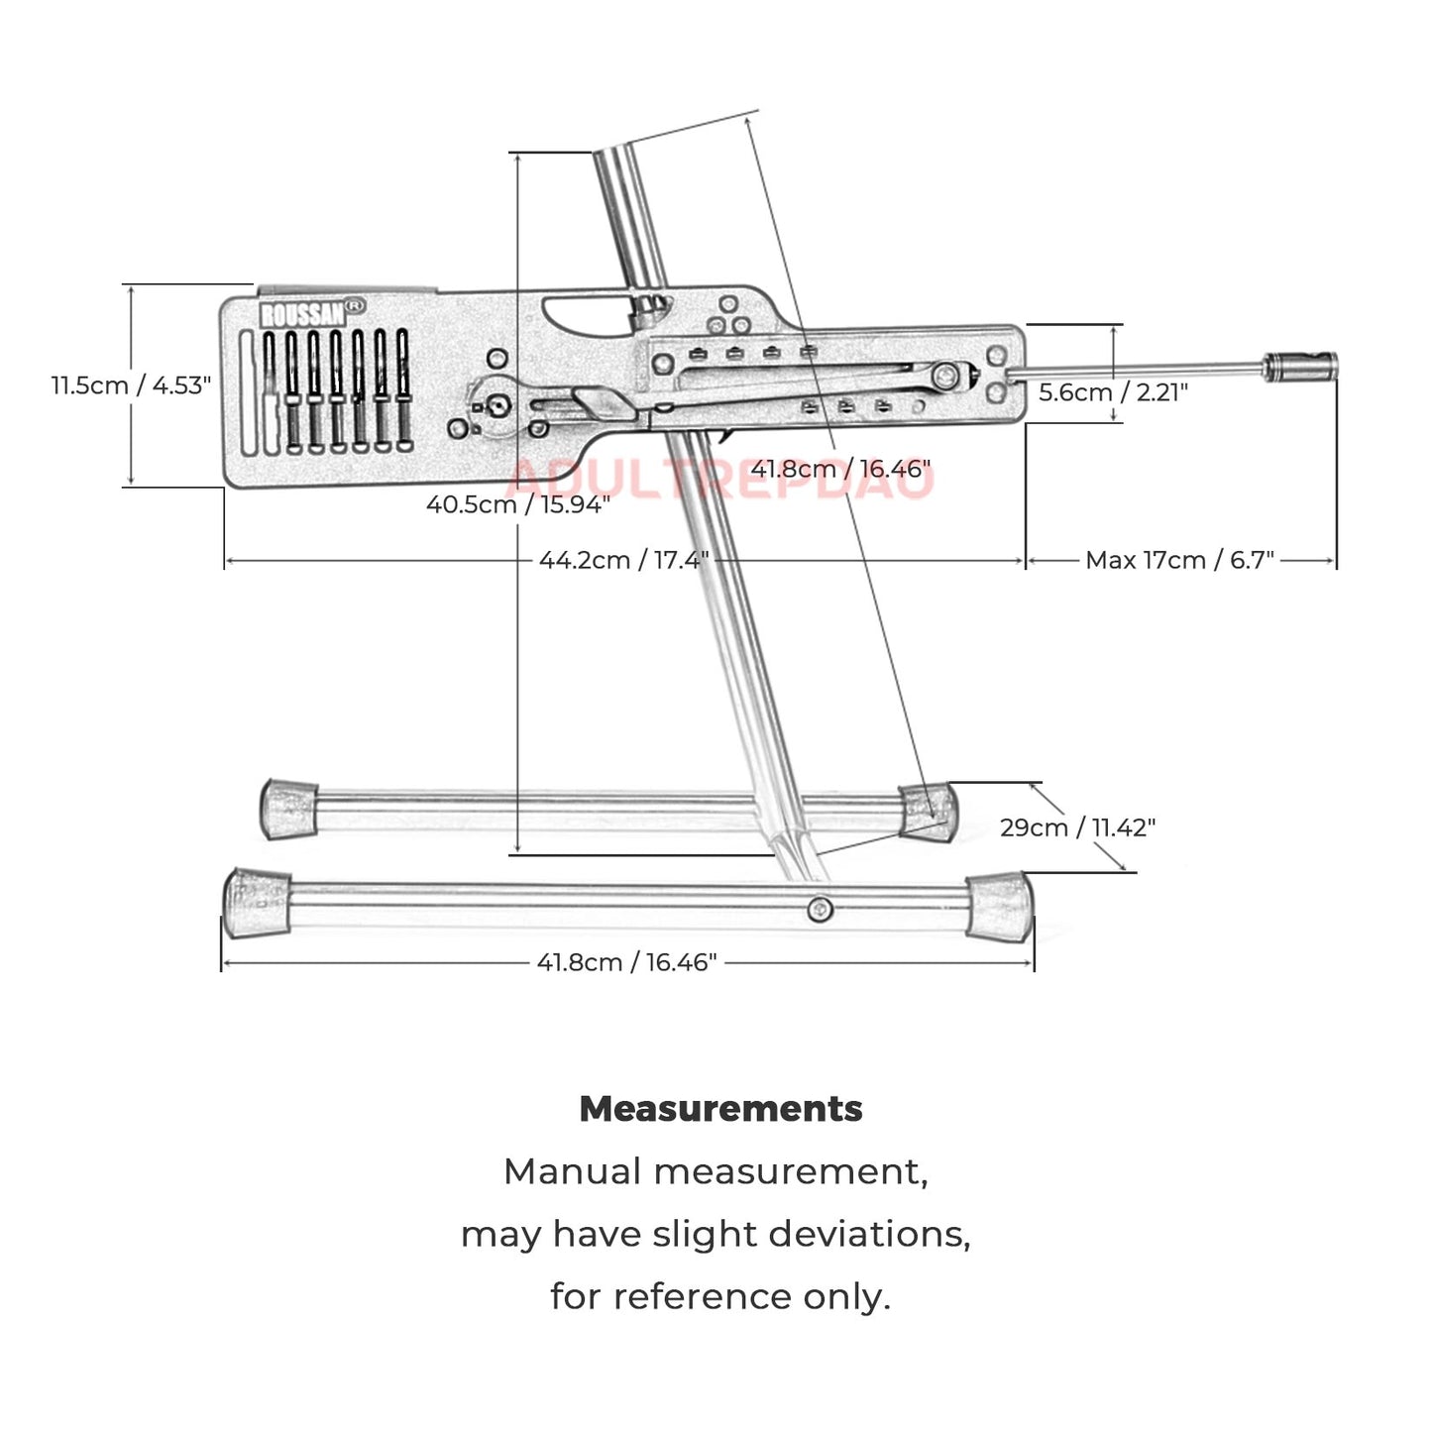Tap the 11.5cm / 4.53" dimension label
(131, 385)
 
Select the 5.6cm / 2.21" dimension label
(1112, 392)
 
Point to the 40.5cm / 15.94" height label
(517, 504)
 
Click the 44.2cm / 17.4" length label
(623, 560)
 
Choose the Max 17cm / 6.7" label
(1179, 560)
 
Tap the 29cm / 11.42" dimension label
(1077, 826)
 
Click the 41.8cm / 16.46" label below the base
(626, 962)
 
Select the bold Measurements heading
(720, 1109)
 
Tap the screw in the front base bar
(819, 909)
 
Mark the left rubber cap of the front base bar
(256, 902)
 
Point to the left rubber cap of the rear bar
(288, 808)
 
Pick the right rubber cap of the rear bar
(929, 811)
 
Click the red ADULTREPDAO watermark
(719, 480)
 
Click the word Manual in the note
(573, 1172)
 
